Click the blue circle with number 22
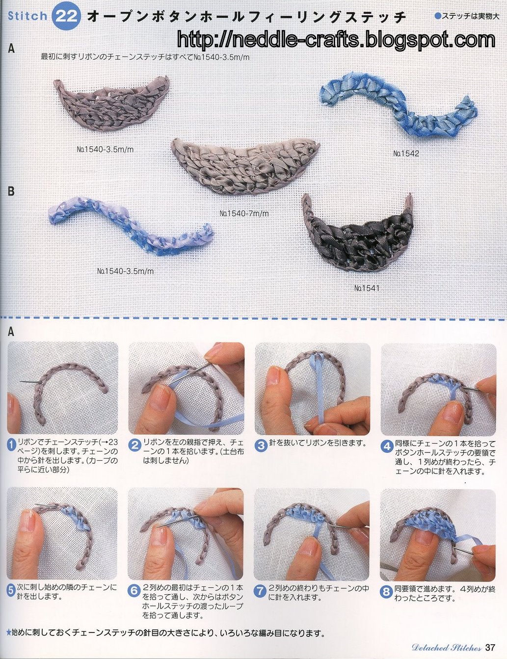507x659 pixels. [66, 16]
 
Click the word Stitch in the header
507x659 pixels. [27, 16]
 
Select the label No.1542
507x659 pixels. [406, 154]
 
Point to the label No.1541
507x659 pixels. [367, 288]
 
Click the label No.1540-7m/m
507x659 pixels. [244, 213]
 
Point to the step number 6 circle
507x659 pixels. [134, 591]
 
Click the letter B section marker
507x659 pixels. [11, 192]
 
